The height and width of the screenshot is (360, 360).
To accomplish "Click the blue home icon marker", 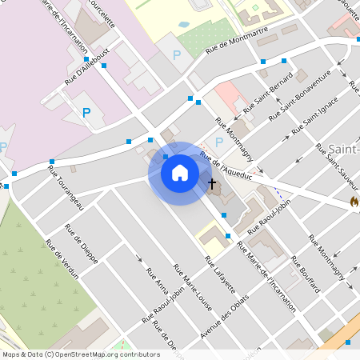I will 180,173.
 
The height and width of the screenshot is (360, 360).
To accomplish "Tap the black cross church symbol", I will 213,185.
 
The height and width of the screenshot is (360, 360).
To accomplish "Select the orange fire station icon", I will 354,202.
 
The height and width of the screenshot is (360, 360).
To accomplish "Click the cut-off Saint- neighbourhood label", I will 343,148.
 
